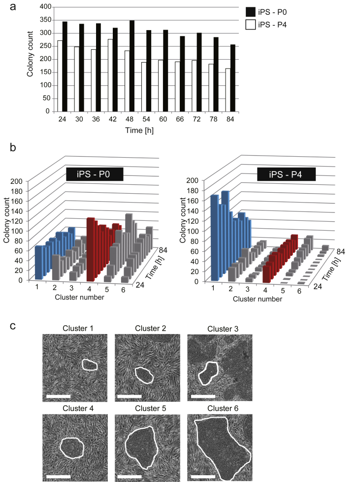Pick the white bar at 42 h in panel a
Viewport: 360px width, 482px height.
(x=110, y=75)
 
